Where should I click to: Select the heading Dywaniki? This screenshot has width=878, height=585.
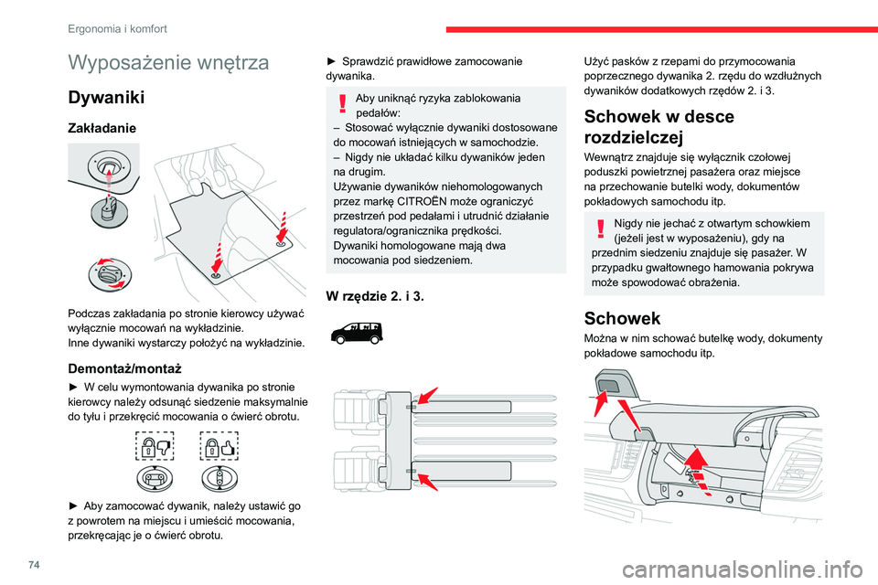(x=104, y=97)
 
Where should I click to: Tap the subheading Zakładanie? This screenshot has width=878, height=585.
(x=103, y=130)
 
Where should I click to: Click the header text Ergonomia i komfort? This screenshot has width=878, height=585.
(x=117, y=29)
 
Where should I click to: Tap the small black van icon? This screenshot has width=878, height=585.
(x=358, y=331)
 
